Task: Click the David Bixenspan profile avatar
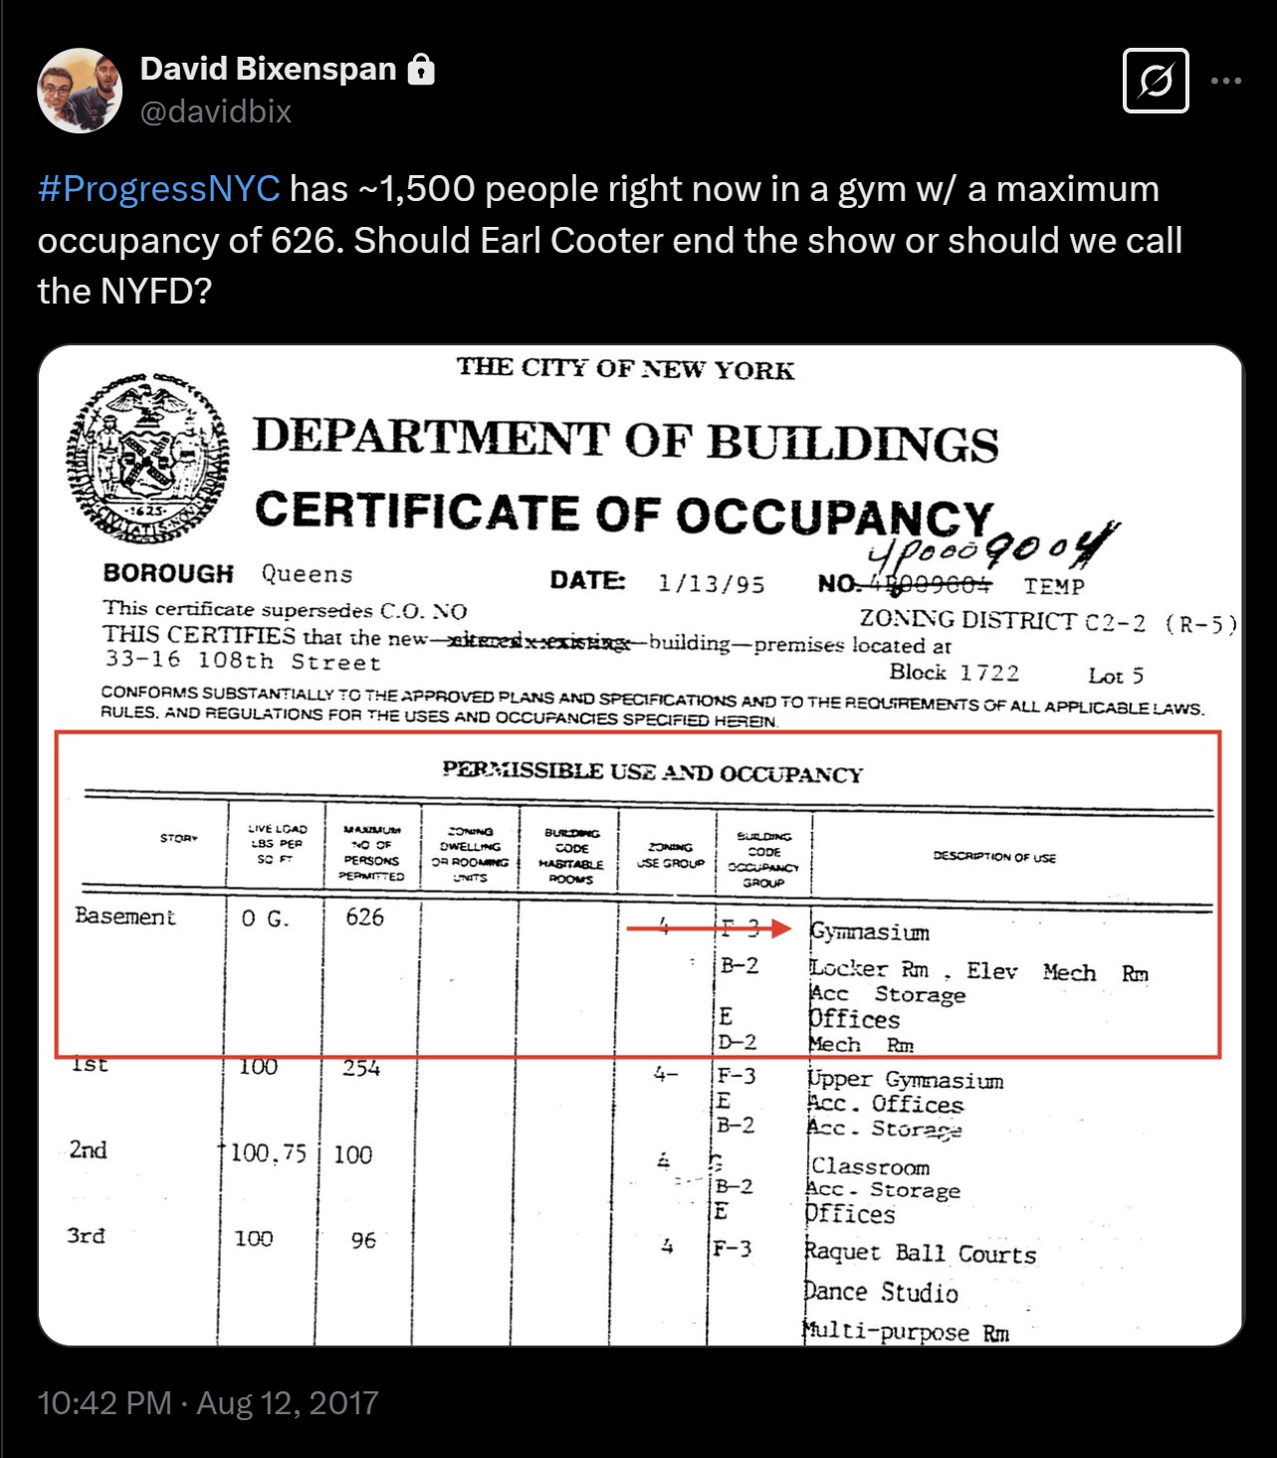[80, 91]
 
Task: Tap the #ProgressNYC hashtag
[158, 189]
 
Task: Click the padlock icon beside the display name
[422, 70]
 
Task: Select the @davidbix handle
[216, 111]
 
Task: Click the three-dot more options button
[1226, 81]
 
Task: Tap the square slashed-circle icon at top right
[1156, 81]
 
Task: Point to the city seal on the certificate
[147, 459]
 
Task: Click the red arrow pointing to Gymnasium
[708, 929]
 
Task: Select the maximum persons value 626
[364, 917]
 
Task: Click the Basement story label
[124, 916]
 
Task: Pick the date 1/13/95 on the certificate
[711, 584]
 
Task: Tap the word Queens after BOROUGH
[307, 574]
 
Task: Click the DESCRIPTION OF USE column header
[994, 857]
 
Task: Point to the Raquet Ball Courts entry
[920, 1253]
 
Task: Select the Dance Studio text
[881, 1293]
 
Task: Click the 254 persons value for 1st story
[361, 1069]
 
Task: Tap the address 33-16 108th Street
[243, 662]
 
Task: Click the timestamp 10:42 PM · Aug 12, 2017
[208, 1403]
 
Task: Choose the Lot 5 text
[1115, 676]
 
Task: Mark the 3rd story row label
[86, 1236]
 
